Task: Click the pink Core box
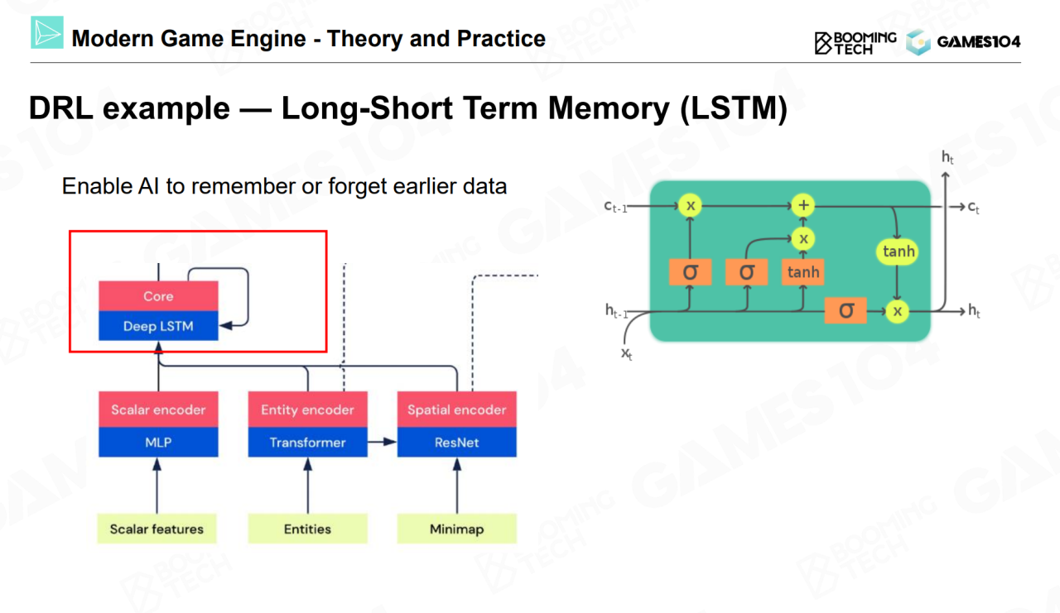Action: pos(158,296)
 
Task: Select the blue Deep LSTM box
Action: pos(158,326)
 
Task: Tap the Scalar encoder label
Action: pos(158,409)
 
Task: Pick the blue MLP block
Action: pos(158,443)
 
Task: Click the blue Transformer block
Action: pos(307,443)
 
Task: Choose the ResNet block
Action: pos(456,443)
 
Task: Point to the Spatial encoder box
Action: pos(456,409)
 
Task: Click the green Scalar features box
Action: pos(157,529)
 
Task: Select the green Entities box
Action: pos(307,529)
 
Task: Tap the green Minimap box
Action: pos(456,529)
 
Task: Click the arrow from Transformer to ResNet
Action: pos(382,443)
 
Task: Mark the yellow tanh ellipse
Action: pos(899,251)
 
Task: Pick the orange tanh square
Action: pos(803,271)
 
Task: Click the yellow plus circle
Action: pos(802,205)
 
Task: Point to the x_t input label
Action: pos(627,354)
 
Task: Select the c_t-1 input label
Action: pos(616,206)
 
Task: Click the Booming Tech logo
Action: pos(855,41)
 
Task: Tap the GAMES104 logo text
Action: pos(978,42)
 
